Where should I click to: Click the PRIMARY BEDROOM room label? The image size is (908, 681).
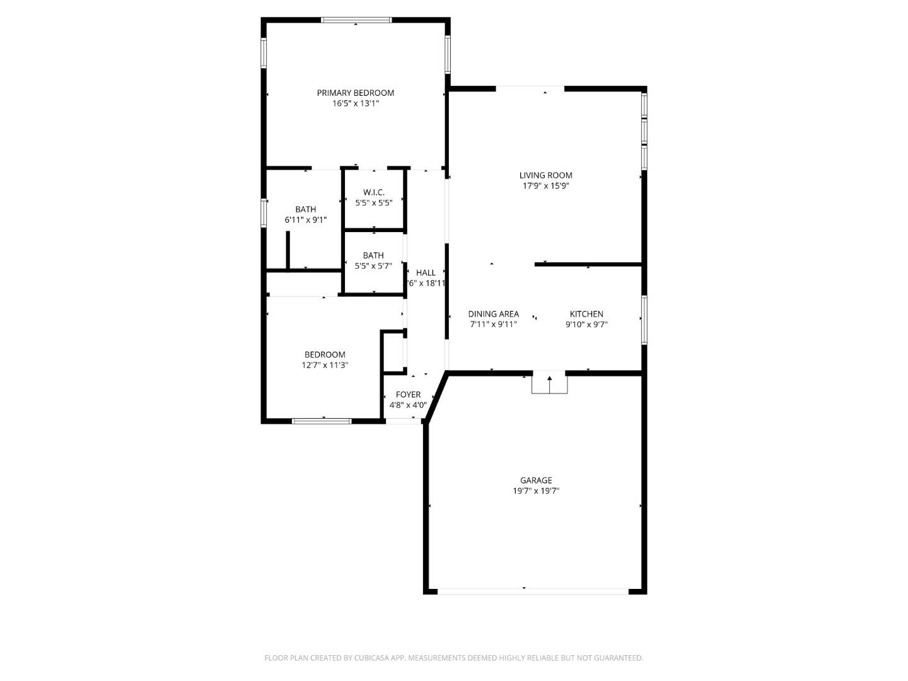(355, 93)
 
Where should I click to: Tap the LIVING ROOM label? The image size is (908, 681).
(545, 175)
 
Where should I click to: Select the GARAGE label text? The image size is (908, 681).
(536, 480)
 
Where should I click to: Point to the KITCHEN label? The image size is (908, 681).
(586, 314)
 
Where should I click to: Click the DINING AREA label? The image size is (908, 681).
(493, 314)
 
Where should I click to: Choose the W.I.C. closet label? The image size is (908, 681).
(373, 192)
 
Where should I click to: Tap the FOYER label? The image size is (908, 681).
(408, 395)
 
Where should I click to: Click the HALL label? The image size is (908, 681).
(426, 273)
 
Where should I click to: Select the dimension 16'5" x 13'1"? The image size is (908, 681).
(355, 103)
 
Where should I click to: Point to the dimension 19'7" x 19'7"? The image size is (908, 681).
(536, 491)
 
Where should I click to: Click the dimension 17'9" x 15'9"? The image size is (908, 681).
(545, 186)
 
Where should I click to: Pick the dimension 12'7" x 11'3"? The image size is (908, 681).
(325, 365)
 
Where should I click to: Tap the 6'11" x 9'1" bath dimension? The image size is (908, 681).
(306, 220)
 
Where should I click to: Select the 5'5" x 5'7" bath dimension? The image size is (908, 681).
(373, 266)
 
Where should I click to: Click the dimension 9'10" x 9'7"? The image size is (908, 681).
(586, 325)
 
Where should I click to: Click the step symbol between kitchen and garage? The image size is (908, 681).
(549, 383)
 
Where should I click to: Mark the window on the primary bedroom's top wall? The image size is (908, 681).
(356, 20)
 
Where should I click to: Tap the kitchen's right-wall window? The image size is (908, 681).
(644, 320)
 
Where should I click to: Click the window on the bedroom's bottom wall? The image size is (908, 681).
(322, 421)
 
